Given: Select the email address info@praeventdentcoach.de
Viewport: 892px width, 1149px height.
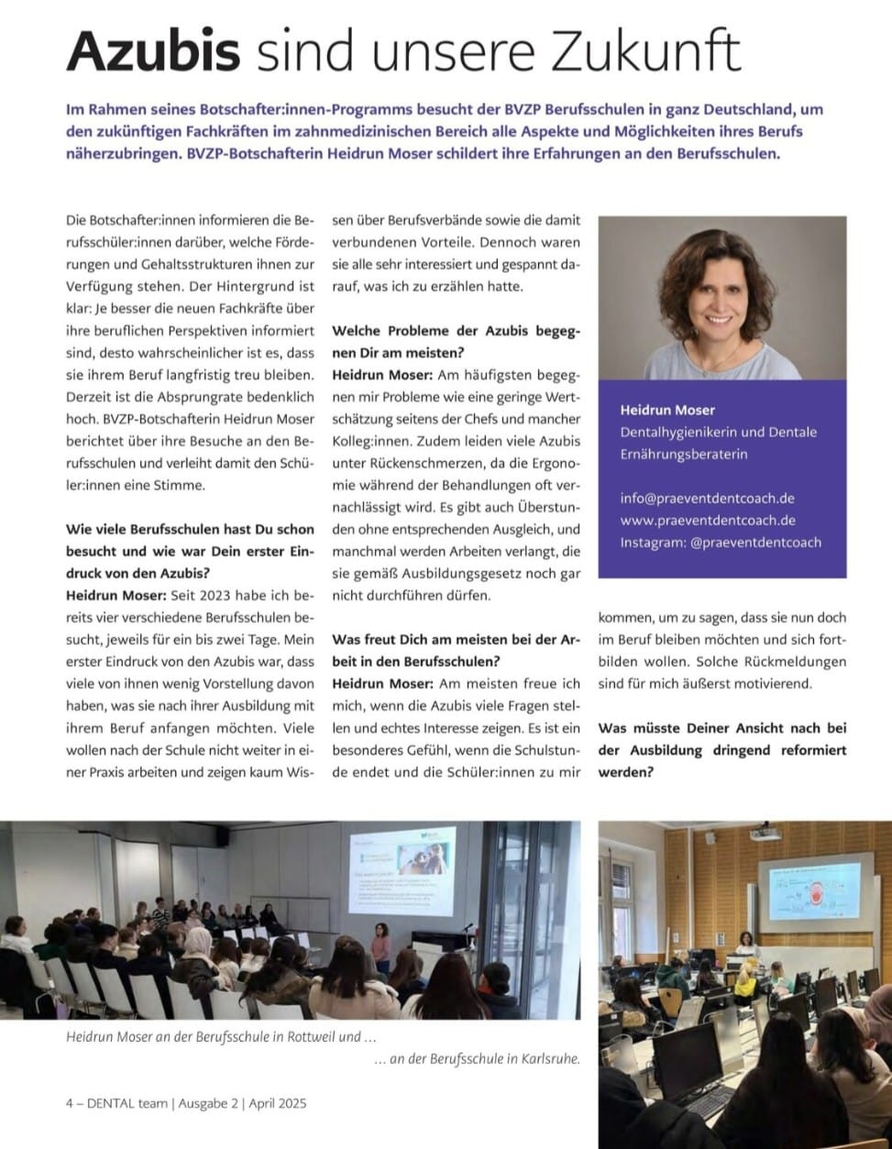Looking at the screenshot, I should coord(707,498).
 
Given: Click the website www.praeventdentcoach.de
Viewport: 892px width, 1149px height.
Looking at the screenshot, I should coord(708,520).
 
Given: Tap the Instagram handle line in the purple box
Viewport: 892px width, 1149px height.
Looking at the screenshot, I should coord(721,542).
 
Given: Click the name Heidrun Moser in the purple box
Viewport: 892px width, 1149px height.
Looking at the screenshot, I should coord(667,410).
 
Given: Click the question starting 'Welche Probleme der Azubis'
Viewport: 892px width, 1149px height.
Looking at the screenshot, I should coord(456,342).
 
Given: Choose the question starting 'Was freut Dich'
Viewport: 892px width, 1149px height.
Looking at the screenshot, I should coord(456,650).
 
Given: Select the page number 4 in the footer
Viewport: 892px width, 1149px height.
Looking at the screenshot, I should coord(70,1103).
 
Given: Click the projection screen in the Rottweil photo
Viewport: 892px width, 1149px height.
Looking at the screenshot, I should coord(406,874).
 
